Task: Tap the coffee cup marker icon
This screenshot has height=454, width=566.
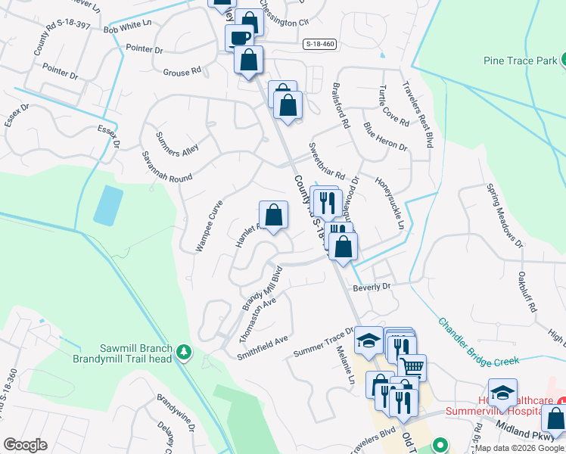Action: (x=239, y=37)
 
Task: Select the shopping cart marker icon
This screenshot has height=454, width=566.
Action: (x=412, y=368)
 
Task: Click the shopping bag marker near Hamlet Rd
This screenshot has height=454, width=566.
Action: (x=274, y=214)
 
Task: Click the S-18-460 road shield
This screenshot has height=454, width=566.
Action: (x=319, y=45)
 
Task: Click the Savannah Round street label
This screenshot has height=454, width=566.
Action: (x=166, y=166)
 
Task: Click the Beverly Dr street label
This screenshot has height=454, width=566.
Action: (x=371, y=287)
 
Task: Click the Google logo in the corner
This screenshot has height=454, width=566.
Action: (x=25, y=444)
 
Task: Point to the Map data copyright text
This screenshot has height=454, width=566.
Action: (x=519, y=448)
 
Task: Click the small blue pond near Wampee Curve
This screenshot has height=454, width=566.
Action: (x=108, y=204)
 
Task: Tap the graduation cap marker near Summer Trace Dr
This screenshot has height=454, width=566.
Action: (x=369, y=340)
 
